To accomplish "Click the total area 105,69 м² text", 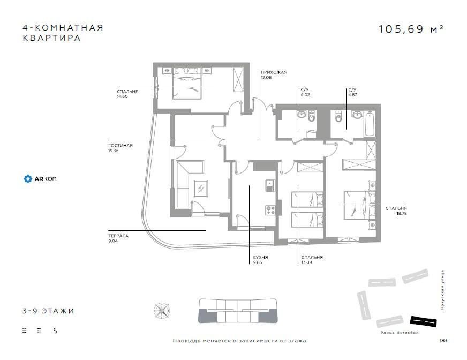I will tap(411, 29).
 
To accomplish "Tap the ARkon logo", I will tap(40, 178).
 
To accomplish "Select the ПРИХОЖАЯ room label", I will tap(274, 72).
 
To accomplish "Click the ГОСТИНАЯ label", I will tap(120, 145).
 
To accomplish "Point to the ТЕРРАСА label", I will tap(118, 235).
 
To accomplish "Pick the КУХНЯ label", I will tap(261, 258).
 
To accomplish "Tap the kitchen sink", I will tap(269, 185).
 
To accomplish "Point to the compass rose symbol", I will tap(161, 311).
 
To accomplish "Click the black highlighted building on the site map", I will tap(423, 321).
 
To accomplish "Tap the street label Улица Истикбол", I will tap(400, 333).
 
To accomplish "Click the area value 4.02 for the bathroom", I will tap(305, 95).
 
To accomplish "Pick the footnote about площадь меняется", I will tap(239, 341).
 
